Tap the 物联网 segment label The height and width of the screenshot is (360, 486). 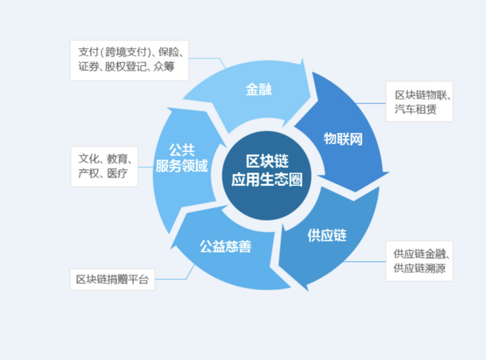343,139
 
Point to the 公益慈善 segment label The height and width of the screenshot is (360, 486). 225,246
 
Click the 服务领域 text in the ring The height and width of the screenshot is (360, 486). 181,167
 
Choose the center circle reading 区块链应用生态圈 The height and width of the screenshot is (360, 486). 267,170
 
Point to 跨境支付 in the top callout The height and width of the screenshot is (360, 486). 123,51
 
